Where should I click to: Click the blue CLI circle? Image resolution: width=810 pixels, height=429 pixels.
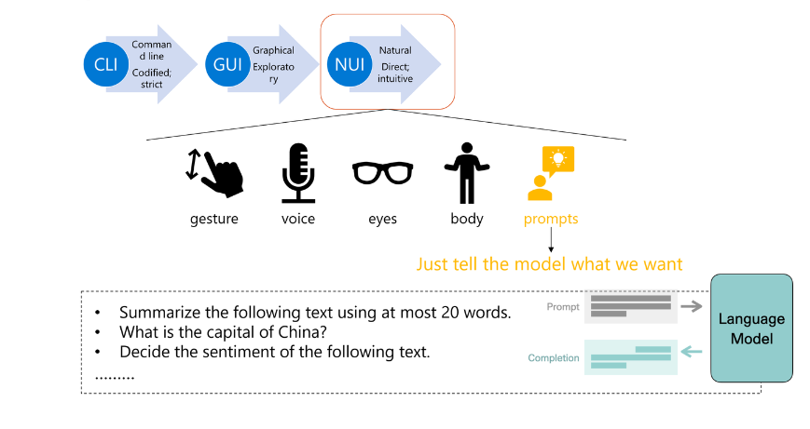pos(105,65)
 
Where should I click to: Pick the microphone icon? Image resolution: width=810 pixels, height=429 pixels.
pos(298,173)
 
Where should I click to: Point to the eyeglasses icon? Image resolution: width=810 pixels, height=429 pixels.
pos(382,173)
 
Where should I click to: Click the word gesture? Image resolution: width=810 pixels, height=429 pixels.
pos(214,219)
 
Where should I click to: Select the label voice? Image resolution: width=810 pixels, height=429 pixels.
pos(298,219)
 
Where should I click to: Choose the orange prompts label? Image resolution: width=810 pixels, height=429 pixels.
pos(551,219)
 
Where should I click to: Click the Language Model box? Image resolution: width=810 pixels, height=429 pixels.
pos(751,328)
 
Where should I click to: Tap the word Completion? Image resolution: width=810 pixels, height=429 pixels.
pos(554,358)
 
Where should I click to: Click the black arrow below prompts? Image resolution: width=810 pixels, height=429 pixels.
pos(551,240)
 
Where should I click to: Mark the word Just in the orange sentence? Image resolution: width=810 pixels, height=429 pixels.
pos(434,264)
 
